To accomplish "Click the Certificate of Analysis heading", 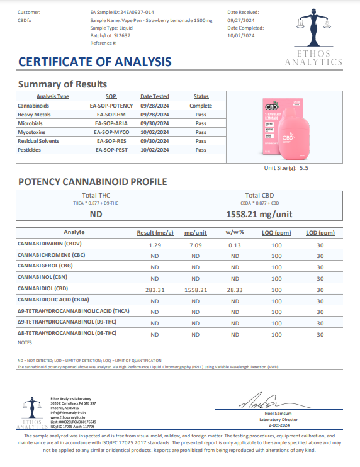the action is (94, 62).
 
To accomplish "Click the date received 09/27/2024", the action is (240, 20).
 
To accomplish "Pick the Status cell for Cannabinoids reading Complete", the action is (201, 106).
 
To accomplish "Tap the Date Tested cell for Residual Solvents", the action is (154, 141).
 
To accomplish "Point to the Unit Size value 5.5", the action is (303, 168).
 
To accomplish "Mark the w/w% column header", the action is (235, 232).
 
